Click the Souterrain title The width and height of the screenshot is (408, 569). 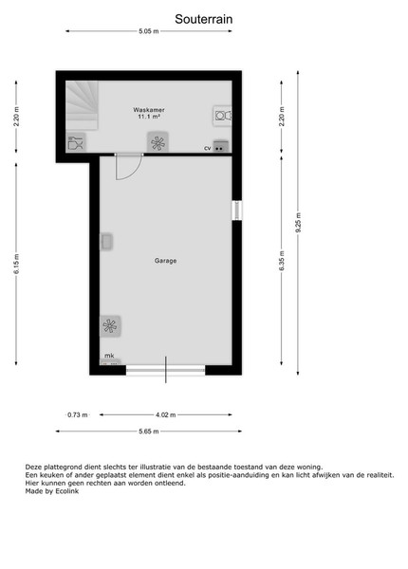pyautogui.click(x=204, y=19)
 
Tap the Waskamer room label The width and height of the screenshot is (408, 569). pyautogui.click(x=149, y=110)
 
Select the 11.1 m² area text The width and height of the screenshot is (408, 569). pyautogui.click(x=149, y=117)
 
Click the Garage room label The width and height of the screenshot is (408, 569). pyautogui.click(x=165, y=261)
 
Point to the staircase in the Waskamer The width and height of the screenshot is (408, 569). pyautogui.click(x=82, y=105)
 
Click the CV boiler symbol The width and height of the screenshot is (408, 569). pyautogui.click(x=221, y=146)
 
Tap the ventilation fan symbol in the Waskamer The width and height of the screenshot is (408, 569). pyautogui.click(x=158, y=142)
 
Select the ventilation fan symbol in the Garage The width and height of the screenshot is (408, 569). pyautogui.click(x=110, y=326)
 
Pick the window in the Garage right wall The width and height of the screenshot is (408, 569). pyautogui.click(x=237, y=211)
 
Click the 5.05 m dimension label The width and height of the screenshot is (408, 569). pyautogui.click(x=149, y=31)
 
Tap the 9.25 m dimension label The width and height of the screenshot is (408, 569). pyautogui.click(x=298, y=223)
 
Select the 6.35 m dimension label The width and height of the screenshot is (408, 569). pyautogui.click(x=282, y=261)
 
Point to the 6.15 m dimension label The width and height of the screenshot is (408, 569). pyautogui.click(x=17, y=264)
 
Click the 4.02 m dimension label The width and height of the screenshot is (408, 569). pyautogui.click(x=166, y=414)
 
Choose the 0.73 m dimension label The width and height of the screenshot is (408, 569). pyautogui.click(x=78, y=414)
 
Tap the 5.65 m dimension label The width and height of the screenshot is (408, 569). pyautogui.click(x=149, y=431)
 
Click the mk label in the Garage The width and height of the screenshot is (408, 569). pyautogui.click(x=109, y=356)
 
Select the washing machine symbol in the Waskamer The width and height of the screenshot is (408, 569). pyautogui.click(x=222, y=116)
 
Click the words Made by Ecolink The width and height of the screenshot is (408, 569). pyautogui.click(x=52, y=491)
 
